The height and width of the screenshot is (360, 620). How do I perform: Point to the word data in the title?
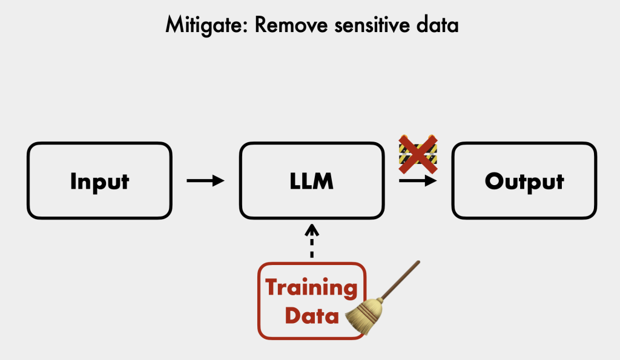[437, 25]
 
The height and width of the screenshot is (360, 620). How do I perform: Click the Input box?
[99, 180]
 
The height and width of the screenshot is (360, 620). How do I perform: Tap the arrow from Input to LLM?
[205, 180]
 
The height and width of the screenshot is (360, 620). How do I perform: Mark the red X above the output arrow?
[418, 152]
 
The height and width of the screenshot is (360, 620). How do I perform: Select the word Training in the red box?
[312, 287]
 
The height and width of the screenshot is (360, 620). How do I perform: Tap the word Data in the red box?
[312, 315]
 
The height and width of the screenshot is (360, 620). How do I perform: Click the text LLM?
[312, 181]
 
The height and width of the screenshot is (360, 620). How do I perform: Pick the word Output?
[524, 181]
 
